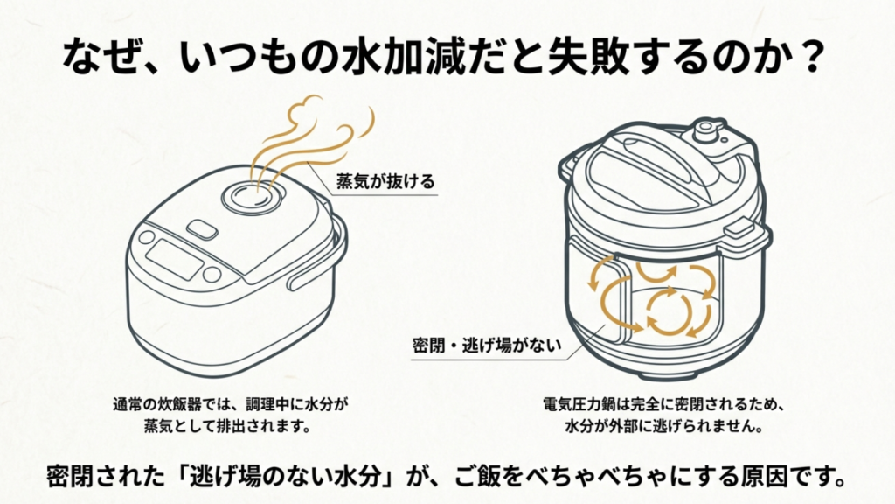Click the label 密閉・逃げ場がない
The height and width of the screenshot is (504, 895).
click(x=485, y=344)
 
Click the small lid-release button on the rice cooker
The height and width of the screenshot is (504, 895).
click(x=202, y=230)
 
